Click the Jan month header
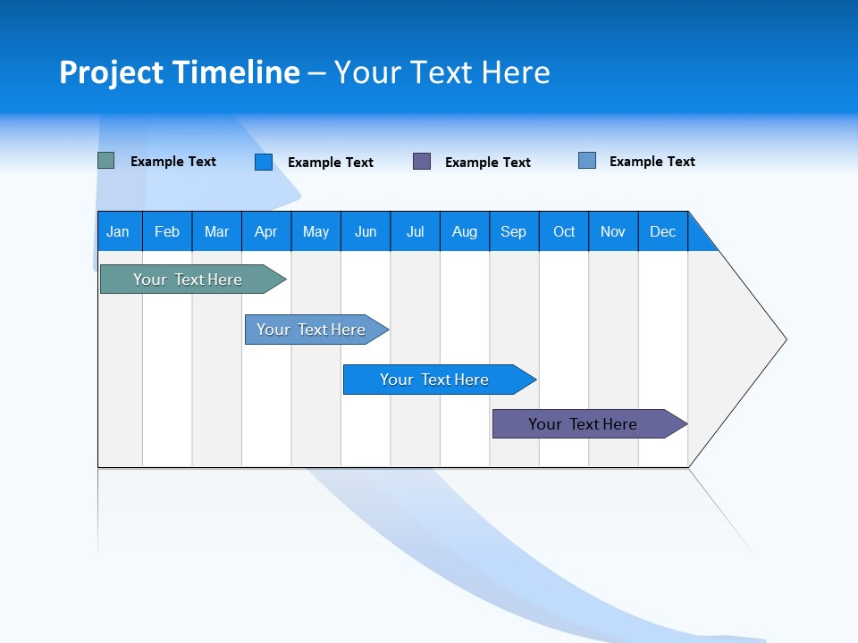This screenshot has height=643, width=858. [119, 231]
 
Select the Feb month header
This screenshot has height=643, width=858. [167, 231]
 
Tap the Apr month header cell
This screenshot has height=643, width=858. [266, 231]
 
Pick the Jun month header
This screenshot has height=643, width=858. [366, 231]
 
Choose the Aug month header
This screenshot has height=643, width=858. [465, 231]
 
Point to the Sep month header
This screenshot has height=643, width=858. [514, 231]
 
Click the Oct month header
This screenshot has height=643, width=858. [564, 231]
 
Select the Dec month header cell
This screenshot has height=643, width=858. [663, 231]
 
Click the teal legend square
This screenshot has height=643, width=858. [106, 161]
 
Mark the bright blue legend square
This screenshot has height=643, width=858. [264, 162]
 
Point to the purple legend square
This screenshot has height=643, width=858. [422, 161]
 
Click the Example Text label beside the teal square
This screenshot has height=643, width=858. [173, 162]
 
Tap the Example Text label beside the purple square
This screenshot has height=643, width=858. [488, 163]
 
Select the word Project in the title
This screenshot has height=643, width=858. [111, 72]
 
